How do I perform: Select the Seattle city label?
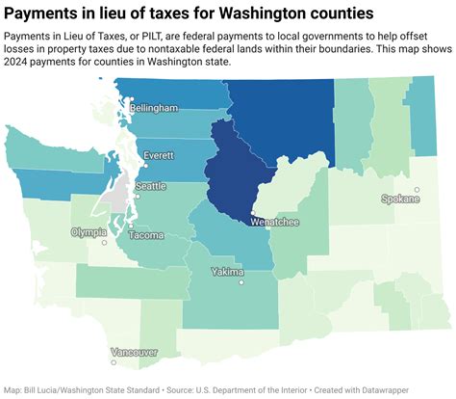(x=151, y=186)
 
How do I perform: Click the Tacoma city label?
(x=145, y=235)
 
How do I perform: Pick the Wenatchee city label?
(x=274, y=223)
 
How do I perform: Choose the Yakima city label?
(x=228, y=272)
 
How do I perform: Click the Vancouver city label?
(x=128, y=352)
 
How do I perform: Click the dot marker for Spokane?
(x=417, y=190)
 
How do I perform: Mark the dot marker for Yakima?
(x=241, y=280)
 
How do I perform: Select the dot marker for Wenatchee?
(x=252, y=215)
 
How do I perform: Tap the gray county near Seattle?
(x=117, y=202)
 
